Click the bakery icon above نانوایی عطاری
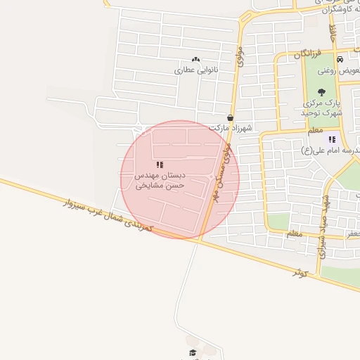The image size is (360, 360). coord(195,60)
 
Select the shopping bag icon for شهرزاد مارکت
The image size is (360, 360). coord(230,118)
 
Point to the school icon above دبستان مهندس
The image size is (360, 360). coord(160,165)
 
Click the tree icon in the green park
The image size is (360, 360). coord(322,91)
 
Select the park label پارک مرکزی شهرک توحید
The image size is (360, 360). coord(320,107)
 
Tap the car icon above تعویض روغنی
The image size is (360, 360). coord(340,60)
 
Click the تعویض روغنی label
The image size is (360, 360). coord(338,71)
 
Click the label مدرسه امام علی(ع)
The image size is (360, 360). coord(330,150)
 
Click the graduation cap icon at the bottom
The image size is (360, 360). coord(192,352)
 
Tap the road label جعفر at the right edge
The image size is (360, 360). coord(352,231)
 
